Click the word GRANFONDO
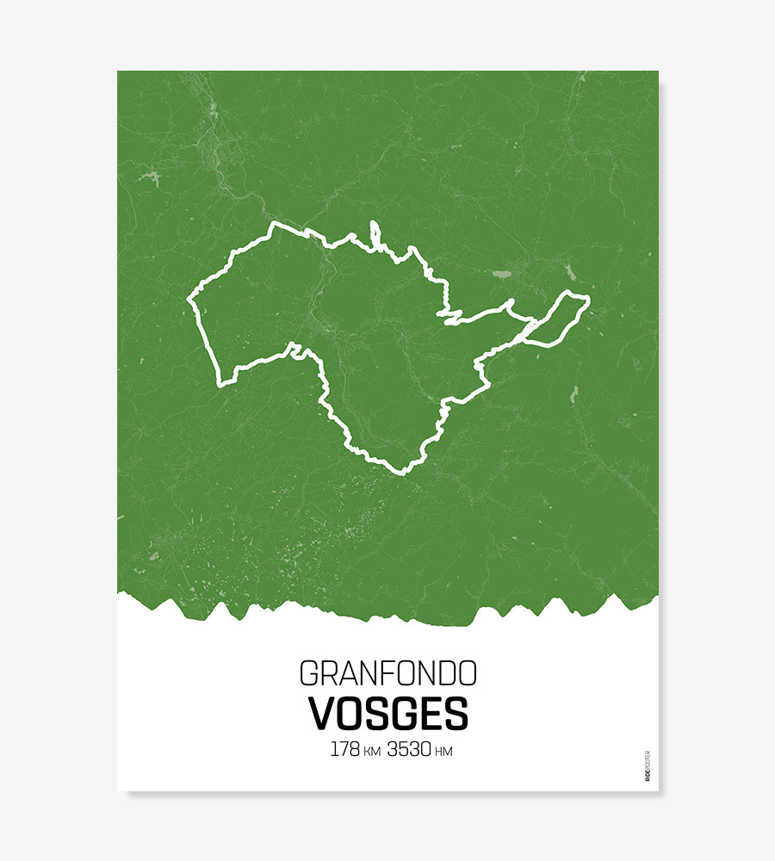click(387, 673)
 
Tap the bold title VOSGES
click(387, 714)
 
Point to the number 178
click(344, 749)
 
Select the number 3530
click(408, 749)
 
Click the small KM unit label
click(372, 752)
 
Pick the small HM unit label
click(443, 752)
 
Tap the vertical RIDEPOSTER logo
click(648, 765)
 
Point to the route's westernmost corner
click(189, 300)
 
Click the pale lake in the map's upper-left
click(152, 178)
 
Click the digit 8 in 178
click(354, 749)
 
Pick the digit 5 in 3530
click(403, 749)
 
